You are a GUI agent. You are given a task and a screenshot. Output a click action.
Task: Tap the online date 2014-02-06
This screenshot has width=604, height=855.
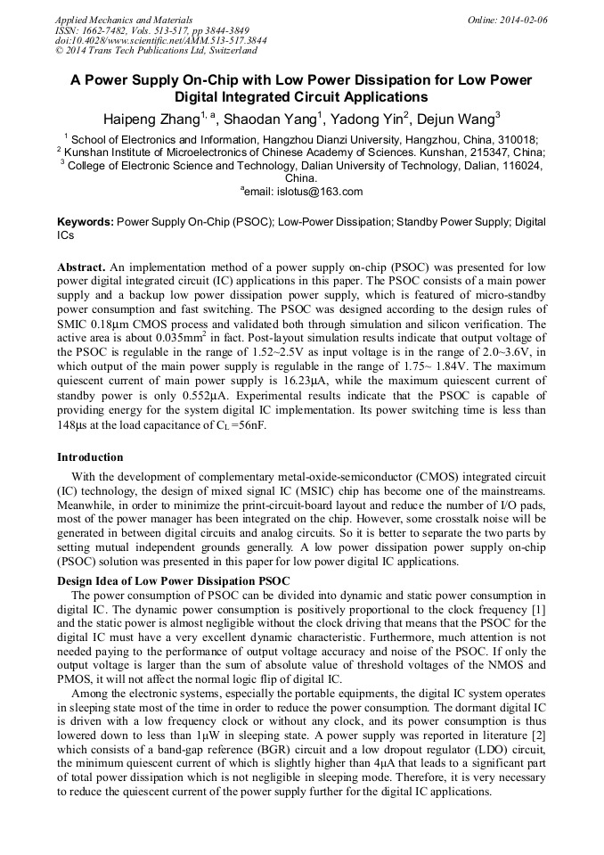tap(525, 20)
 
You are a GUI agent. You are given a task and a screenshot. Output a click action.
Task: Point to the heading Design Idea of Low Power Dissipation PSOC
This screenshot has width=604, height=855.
tap(174, 581)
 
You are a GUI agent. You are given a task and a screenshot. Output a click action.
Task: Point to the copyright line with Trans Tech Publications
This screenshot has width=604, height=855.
tap(156, 51)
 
